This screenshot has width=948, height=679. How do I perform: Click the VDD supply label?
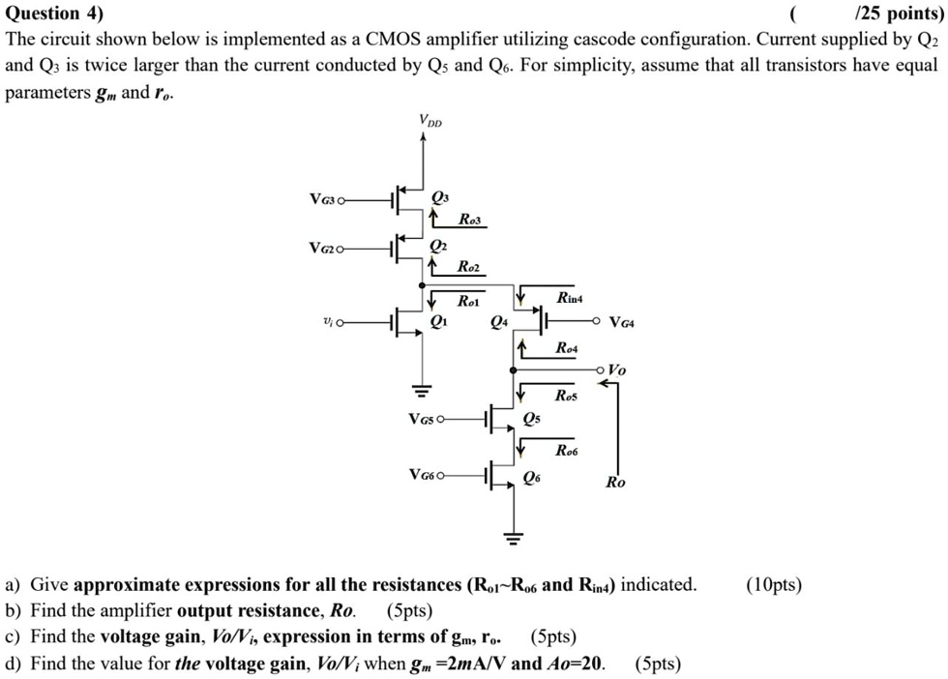(432, 121)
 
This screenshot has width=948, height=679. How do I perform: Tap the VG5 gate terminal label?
(426, 420)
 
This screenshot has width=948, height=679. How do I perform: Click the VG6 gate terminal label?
(426, 475)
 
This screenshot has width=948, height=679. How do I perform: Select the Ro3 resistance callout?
(471, 219)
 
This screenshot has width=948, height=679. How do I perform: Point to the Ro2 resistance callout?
(469, 267)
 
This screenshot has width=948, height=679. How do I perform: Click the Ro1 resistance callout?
(469, 301)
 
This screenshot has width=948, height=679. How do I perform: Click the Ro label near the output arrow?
(615, 482)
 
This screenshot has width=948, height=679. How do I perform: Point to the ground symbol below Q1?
(421, 390)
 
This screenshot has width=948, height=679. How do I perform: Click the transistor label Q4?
(499, 322)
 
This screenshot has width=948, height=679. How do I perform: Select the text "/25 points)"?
(900, 15)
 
